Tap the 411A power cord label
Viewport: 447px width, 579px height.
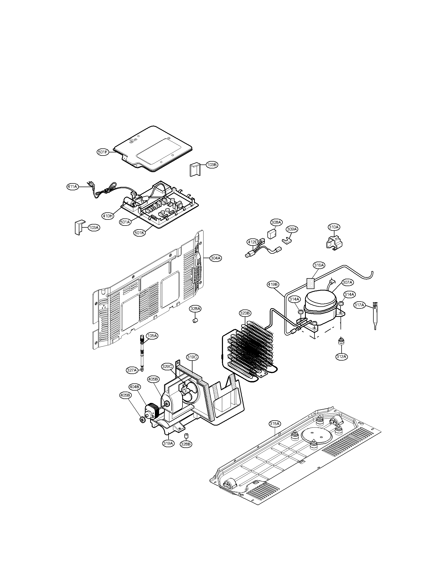(72, 187)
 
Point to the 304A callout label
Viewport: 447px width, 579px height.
(216, 258)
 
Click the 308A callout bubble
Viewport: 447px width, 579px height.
(276, 222)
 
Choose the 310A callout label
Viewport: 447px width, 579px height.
(334, 227)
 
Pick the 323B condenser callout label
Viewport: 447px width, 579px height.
(245, 313)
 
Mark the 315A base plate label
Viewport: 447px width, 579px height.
(275, 424)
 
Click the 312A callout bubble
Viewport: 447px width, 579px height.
(341, 356)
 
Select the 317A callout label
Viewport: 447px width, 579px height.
(359, 305)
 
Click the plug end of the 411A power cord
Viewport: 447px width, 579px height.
(89, 183)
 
